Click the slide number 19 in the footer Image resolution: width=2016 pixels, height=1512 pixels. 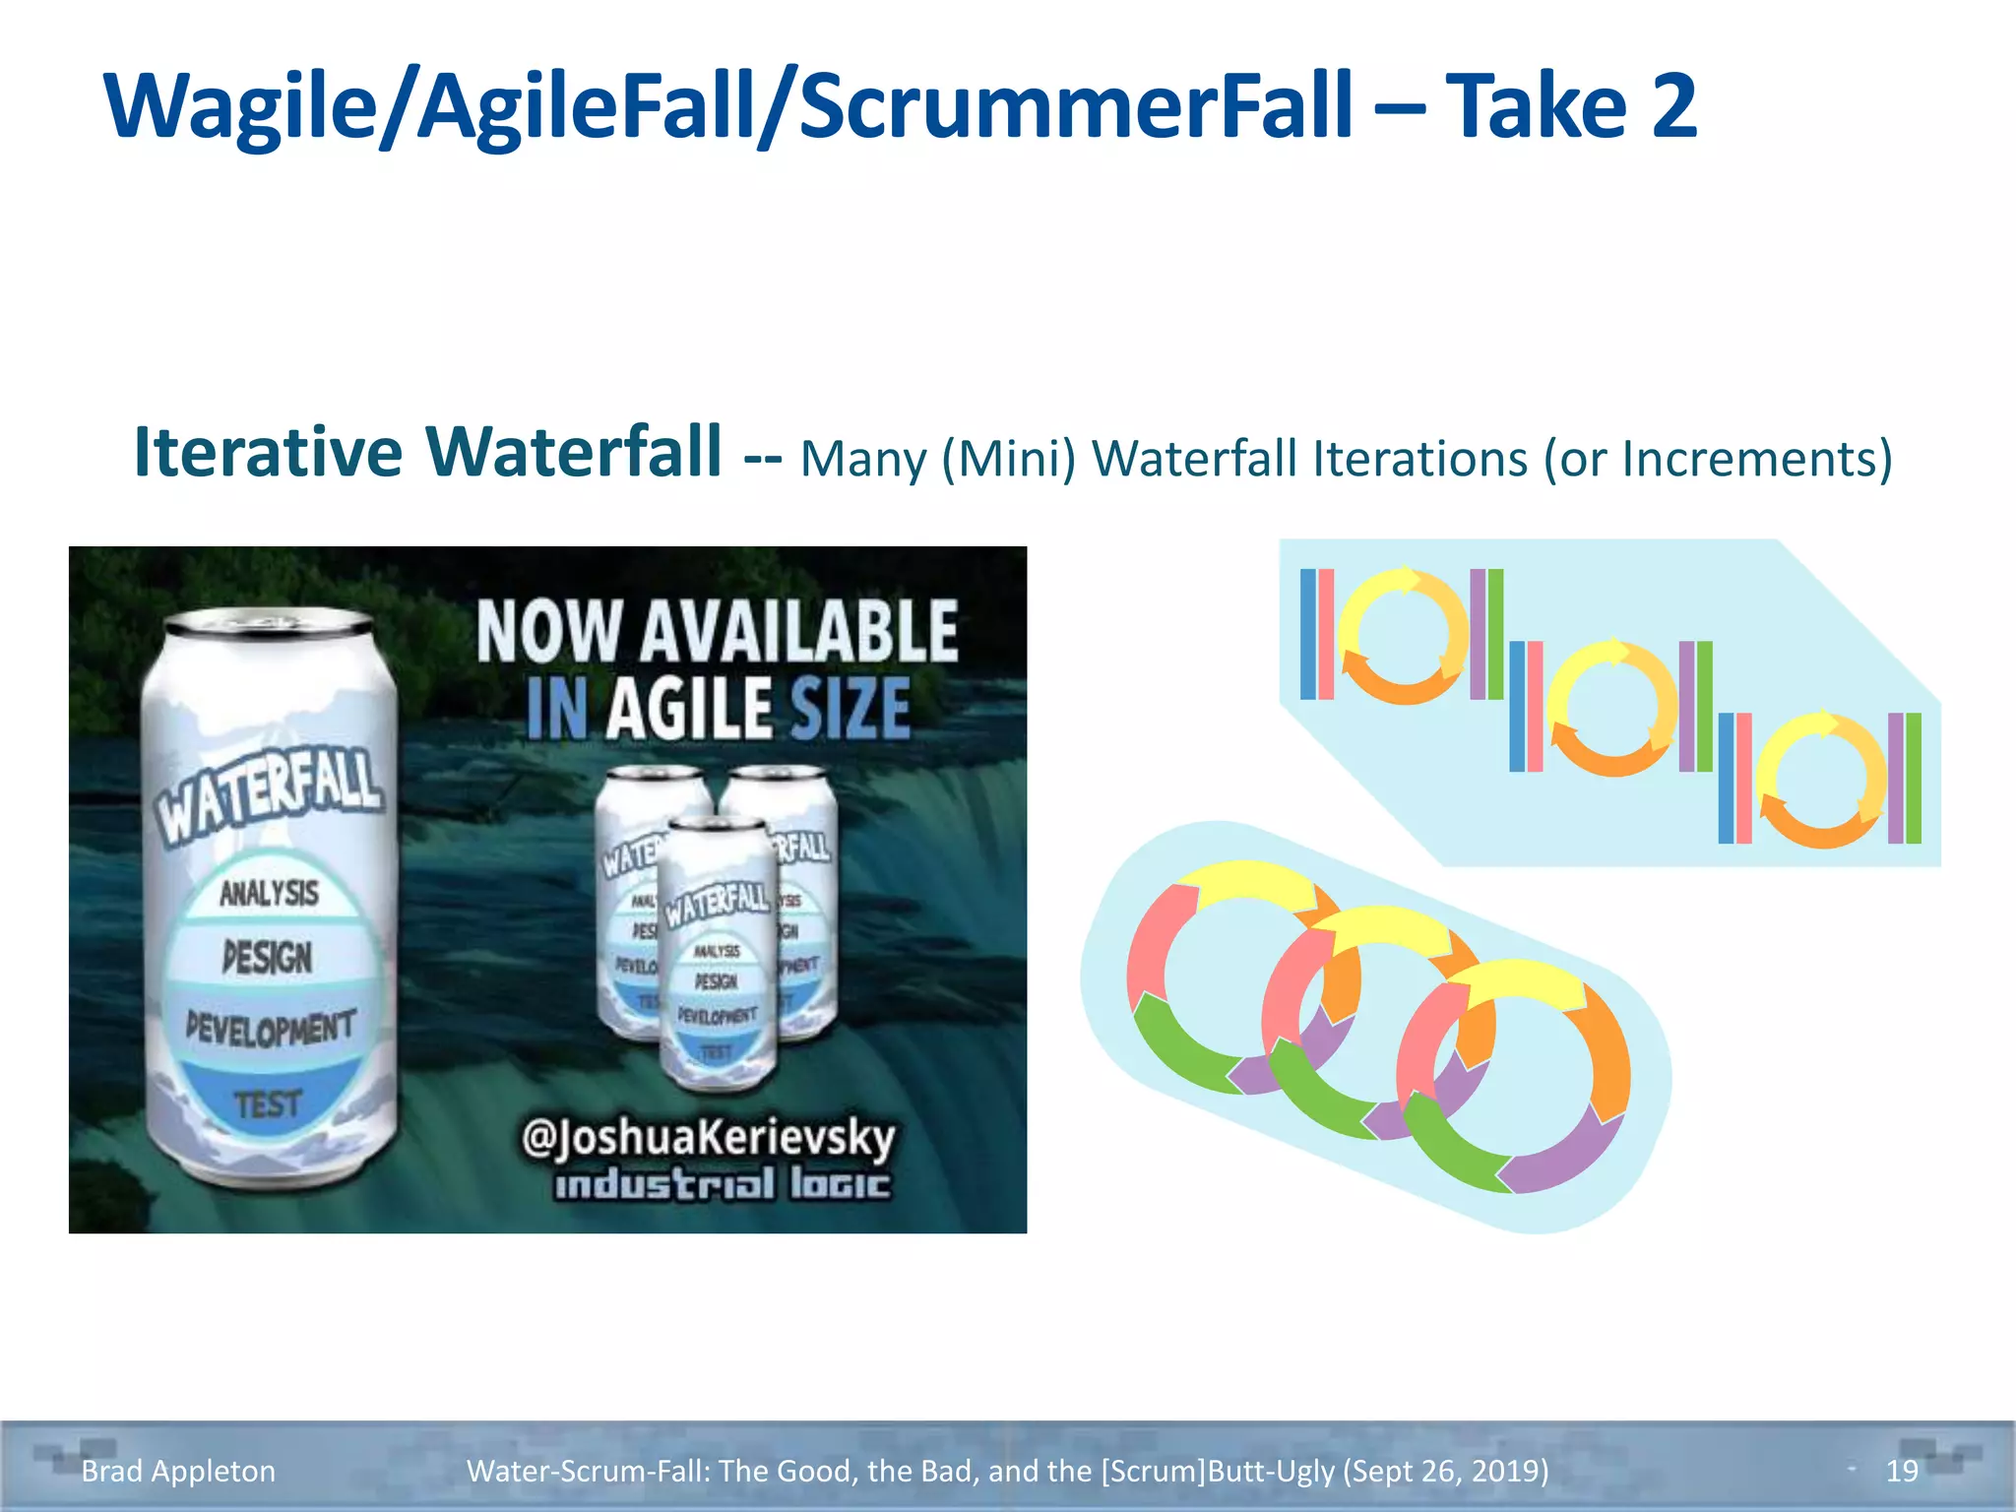pos(1901,1471)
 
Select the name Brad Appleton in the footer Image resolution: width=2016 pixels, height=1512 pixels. pos(178,1471)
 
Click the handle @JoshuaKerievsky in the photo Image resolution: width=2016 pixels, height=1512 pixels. pos(708,1138)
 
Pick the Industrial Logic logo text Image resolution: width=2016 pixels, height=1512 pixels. pos(722,1184)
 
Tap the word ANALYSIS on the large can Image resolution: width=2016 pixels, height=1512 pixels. pos(269,893)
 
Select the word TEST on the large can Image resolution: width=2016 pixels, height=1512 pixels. pos(267,1103)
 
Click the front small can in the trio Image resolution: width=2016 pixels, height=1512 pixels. pos(717,955)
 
